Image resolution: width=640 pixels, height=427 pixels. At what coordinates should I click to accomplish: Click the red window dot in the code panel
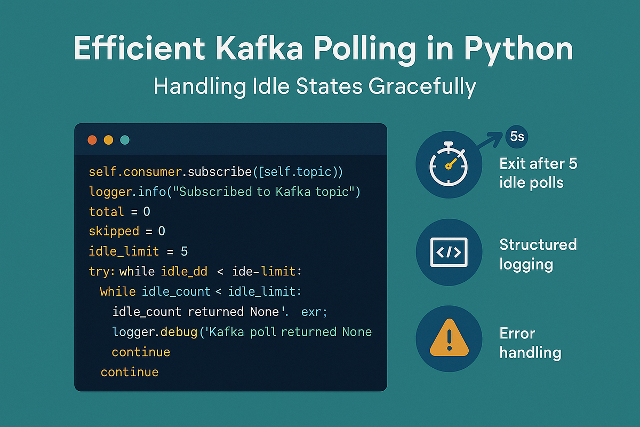point(92,140)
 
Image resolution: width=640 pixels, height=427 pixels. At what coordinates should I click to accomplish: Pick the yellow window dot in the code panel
point(108,140)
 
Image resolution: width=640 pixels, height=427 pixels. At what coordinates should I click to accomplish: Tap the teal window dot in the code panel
point(125,140)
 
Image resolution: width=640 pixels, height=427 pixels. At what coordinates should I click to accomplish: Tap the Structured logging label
point(538,254)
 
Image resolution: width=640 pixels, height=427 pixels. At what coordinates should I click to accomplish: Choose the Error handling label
point(530,343)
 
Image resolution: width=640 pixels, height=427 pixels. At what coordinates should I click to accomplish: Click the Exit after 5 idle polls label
point(538,172)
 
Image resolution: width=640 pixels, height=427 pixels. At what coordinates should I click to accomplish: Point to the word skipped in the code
point(114,231)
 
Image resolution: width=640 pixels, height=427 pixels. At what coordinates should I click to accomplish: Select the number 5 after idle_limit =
point(184,251)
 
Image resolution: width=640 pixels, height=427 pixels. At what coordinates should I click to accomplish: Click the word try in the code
point(100,272)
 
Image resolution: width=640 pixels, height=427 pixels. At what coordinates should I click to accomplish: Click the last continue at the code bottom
point(130,372)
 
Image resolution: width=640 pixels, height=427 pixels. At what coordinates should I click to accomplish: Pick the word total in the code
point(106,212)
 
